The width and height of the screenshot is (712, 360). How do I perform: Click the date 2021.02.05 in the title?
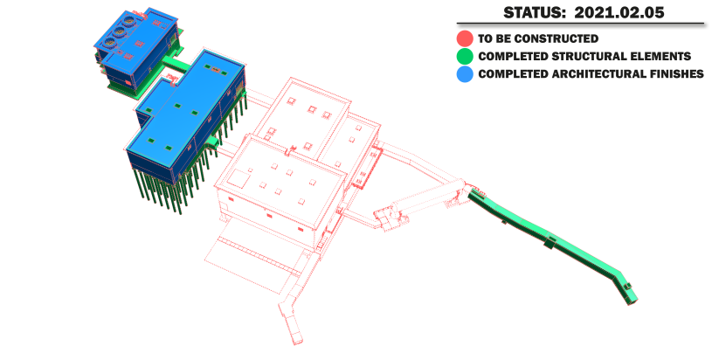[x=619, y=12]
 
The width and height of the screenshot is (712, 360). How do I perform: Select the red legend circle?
[x=465, y=38]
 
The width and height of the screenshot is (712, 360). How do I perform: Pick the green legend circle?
[x=465, y=56]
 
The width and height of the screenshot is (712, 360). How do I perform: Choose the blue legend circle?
[x=465, y=74]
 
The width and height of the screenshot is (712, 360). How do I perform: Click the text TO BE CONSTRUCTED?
[x=538, y=38]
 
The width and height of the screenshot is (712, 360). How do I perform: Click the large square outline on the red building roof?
[x=238, y=178]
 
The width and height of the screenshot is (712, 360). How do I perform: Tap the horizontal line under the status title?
[x=580, y=23]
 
